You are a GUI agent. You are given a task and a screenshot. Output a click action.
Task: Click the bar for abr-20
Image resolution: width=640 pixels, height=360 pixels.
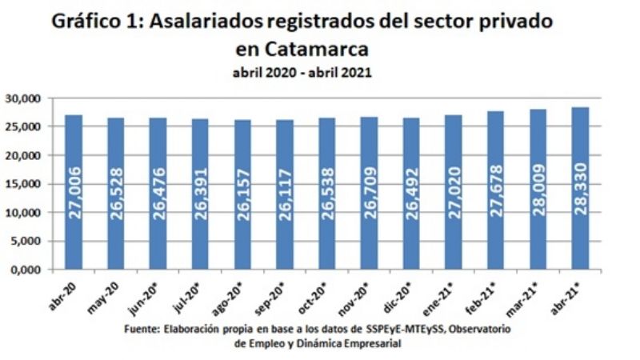point(74,192)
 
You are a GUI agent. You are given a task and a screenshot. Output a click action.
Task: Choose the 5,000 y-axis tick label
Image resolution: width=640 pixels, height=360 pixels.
point(30,241)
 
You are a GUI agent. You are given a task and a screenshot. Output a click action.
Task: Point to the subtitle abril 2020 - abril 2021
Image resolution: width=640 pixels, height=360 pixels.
point(302,72)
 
